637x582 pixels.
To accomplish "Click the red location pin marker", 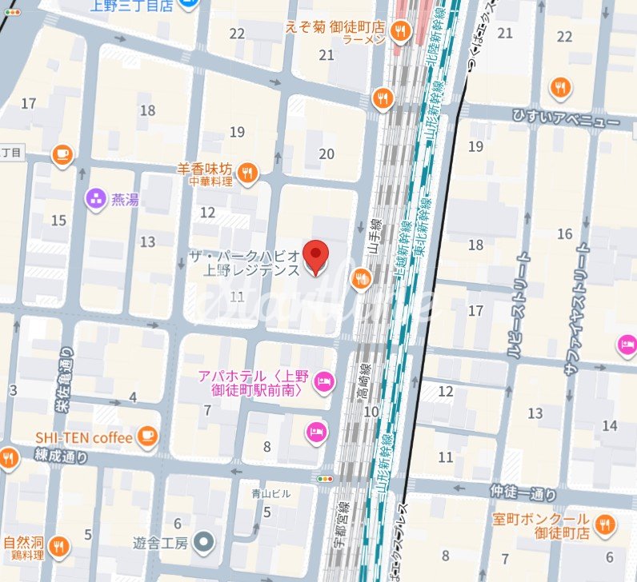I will coord(318,256).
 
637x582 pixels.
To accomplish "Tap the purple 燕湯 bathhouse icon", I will coord(96,199).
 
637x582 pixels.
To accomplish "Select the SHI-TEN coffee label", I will coord(82,437).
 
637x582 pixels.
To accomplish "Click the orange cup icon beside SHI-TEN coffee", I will coord(146,436).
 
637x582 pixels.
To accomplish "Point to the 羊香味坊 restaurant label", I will coord(205,169).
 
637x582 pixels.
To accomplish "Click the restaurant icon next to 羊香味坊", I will coord(248,172).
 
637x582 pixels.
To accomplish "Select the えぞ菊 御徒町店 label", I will coord(335,28).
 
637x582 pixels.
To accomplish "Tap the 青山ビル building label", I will coord(271,494).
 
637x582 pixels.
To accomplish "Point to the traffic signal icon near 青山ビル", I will coord(325,478).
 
